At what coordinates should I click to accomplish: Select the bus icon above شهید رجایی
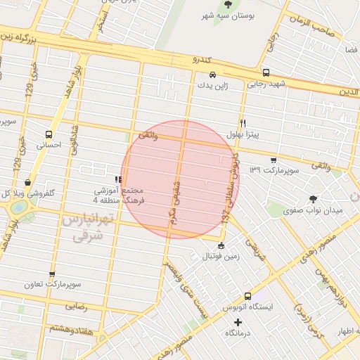[265, 73]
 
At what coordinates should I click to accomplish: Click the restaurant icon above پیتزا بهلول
[243, 122]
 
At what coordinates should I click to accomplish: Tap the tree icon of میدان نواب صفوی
[313, 199]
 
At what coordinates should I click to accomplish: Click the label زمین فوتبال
[221, 256]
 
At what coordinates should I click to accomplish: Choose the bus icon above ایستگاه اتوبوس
[247, 296]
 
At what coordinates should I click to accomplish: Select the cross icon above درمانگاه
[238, 322]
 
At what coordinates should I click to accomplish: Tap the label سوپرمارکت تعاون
[51, 285]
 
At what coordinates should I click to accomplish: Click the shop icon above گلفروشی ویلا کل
[27, 181]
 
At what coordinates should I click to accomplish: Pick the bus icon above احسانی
[49, 134]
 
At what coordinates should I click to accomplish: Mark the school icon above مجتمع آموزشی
[118, 179]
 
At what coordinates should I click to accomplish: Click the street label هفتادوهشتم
[72, 328]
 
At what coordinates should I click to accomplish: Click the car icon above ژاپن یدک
[212, 74]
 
